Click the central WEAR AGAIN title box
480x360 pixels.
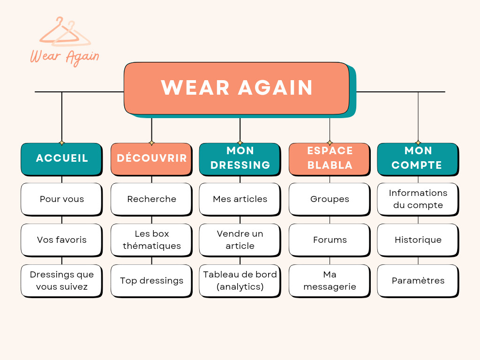[237, 88]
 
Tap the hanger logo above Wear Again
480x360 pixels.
[66, 32]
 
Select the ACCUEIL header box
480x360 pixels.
[61, 158]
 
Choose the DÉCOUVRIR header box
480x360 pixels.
[151, 158]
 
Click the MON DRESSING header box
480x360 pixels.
[240, 158]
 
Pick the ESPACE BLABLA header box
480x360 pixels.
[329, 158]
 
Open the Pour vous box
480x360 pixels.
[61, 199]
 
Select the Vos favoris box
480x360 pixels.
[61, 240]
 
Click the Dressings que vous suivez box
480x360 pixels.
[61, 280]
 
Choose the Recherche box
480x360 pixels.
[151, 199]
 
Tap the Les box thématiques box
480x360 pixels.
[151, 240]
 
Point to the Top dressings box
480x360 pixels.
[151, 280]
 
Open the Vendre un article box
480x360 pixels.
[240, 240]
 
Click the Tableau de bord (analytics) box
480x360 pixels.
[240, 280]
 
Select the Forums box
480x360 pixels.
[329, 240]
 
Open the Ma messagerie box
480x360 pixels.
[329, 280]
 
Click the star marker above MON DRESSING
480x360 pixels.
[240, 142]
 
